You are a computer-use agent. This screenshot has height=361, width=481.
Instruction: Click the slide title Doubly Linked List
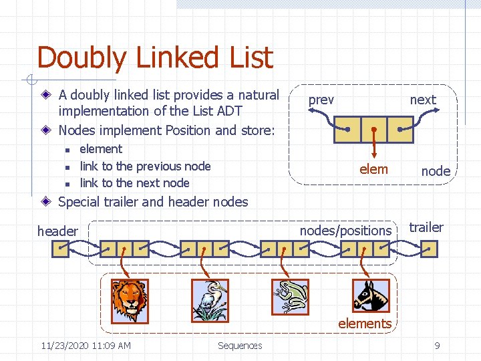pos(155,57)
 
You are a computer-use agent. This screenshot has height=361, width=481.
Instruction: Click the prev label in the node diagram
pos(321,100)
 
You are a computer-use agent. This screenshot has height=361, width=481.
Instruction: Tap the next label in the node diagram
pos(423,100)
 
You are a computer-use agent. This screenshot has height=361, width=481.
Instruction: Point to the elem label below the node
pos(373,169)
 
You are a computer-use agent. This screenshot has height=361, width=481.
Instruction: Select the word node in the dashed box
pos(436,171)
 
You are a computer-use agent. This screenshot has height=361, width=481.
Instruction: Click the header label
pos(57,231)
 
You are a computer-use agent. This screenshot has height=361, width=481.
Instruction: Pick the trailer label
pos(426,227)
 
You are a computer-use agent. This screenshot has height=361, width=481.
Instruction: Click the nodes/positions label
pos(345,231)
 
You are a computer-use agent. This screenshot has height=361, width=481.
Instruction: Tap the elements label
pos(365,324)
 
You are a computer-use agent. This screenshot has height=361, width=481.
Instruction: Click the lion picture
pos(130,300)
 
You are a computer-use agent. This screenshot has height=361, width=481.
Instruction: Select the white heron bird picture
pos(210,300)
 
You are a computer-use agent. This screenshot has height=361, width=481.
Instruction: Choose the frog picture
pos(291,297)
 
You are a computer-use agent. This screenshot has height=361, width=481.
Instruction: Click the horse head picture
pos(371,297)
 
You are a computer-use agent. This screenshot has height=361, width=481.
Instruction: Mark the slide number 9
pos(437,346)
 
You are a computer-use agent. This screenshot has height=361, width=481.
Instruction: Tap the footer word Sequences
pos(240,346)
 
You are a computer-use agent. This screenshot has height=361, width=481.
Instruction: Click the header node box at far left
pos(61,249)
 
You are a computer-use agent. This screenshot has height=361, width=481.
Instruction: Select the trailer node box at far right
pos(430,249)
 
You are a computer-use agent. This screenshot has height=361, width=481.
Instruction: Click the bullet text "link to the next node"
pos(134,183)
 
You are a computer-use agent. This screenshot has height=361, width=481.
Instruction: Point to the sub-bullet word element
pos(101,149)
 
